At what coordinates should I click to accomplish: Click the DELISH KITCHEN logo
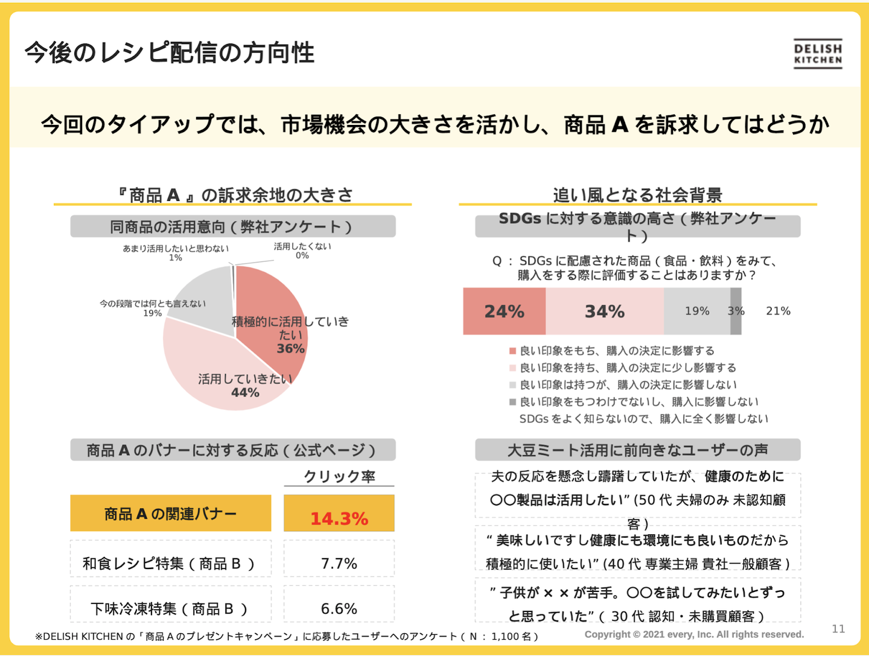coord(818,54)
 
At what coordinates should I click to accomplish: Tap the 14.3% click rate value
coord(339,518)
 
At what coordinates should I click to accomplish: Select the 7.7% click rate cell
coord(339,563)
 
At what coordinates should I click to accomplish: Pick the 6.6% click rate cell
coord(339,608)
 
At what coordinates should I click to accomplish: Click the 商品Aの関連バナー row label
coord(171,514)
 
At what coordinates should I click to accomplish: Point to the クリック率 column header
coord(339,476)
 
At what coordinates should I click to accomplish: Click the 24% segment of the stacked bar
coord(504,311)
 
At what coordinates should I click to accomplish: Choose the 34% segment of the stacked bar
coord(605,311)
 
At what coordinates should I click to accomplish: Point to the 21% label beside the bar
coord(778,311)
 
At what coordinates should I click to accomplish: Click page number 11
coord(838,629)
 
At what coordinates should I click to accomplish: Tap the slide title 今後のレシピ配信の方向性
coord(170,53)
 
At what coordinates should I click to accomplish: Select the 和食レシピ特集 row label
coord(169,563)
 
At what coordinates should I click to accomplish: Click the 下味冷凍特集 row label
coord(169,608)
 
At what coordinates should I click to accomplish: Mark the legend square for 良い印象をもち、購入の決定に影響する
coord(512,351)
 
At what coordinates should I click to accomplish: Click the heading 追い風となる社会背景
coord(637,194)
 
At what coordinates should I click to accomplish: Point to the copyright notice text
coord(694,634)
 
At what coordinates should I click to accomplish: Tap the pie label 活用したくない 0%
coord(302,250)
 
